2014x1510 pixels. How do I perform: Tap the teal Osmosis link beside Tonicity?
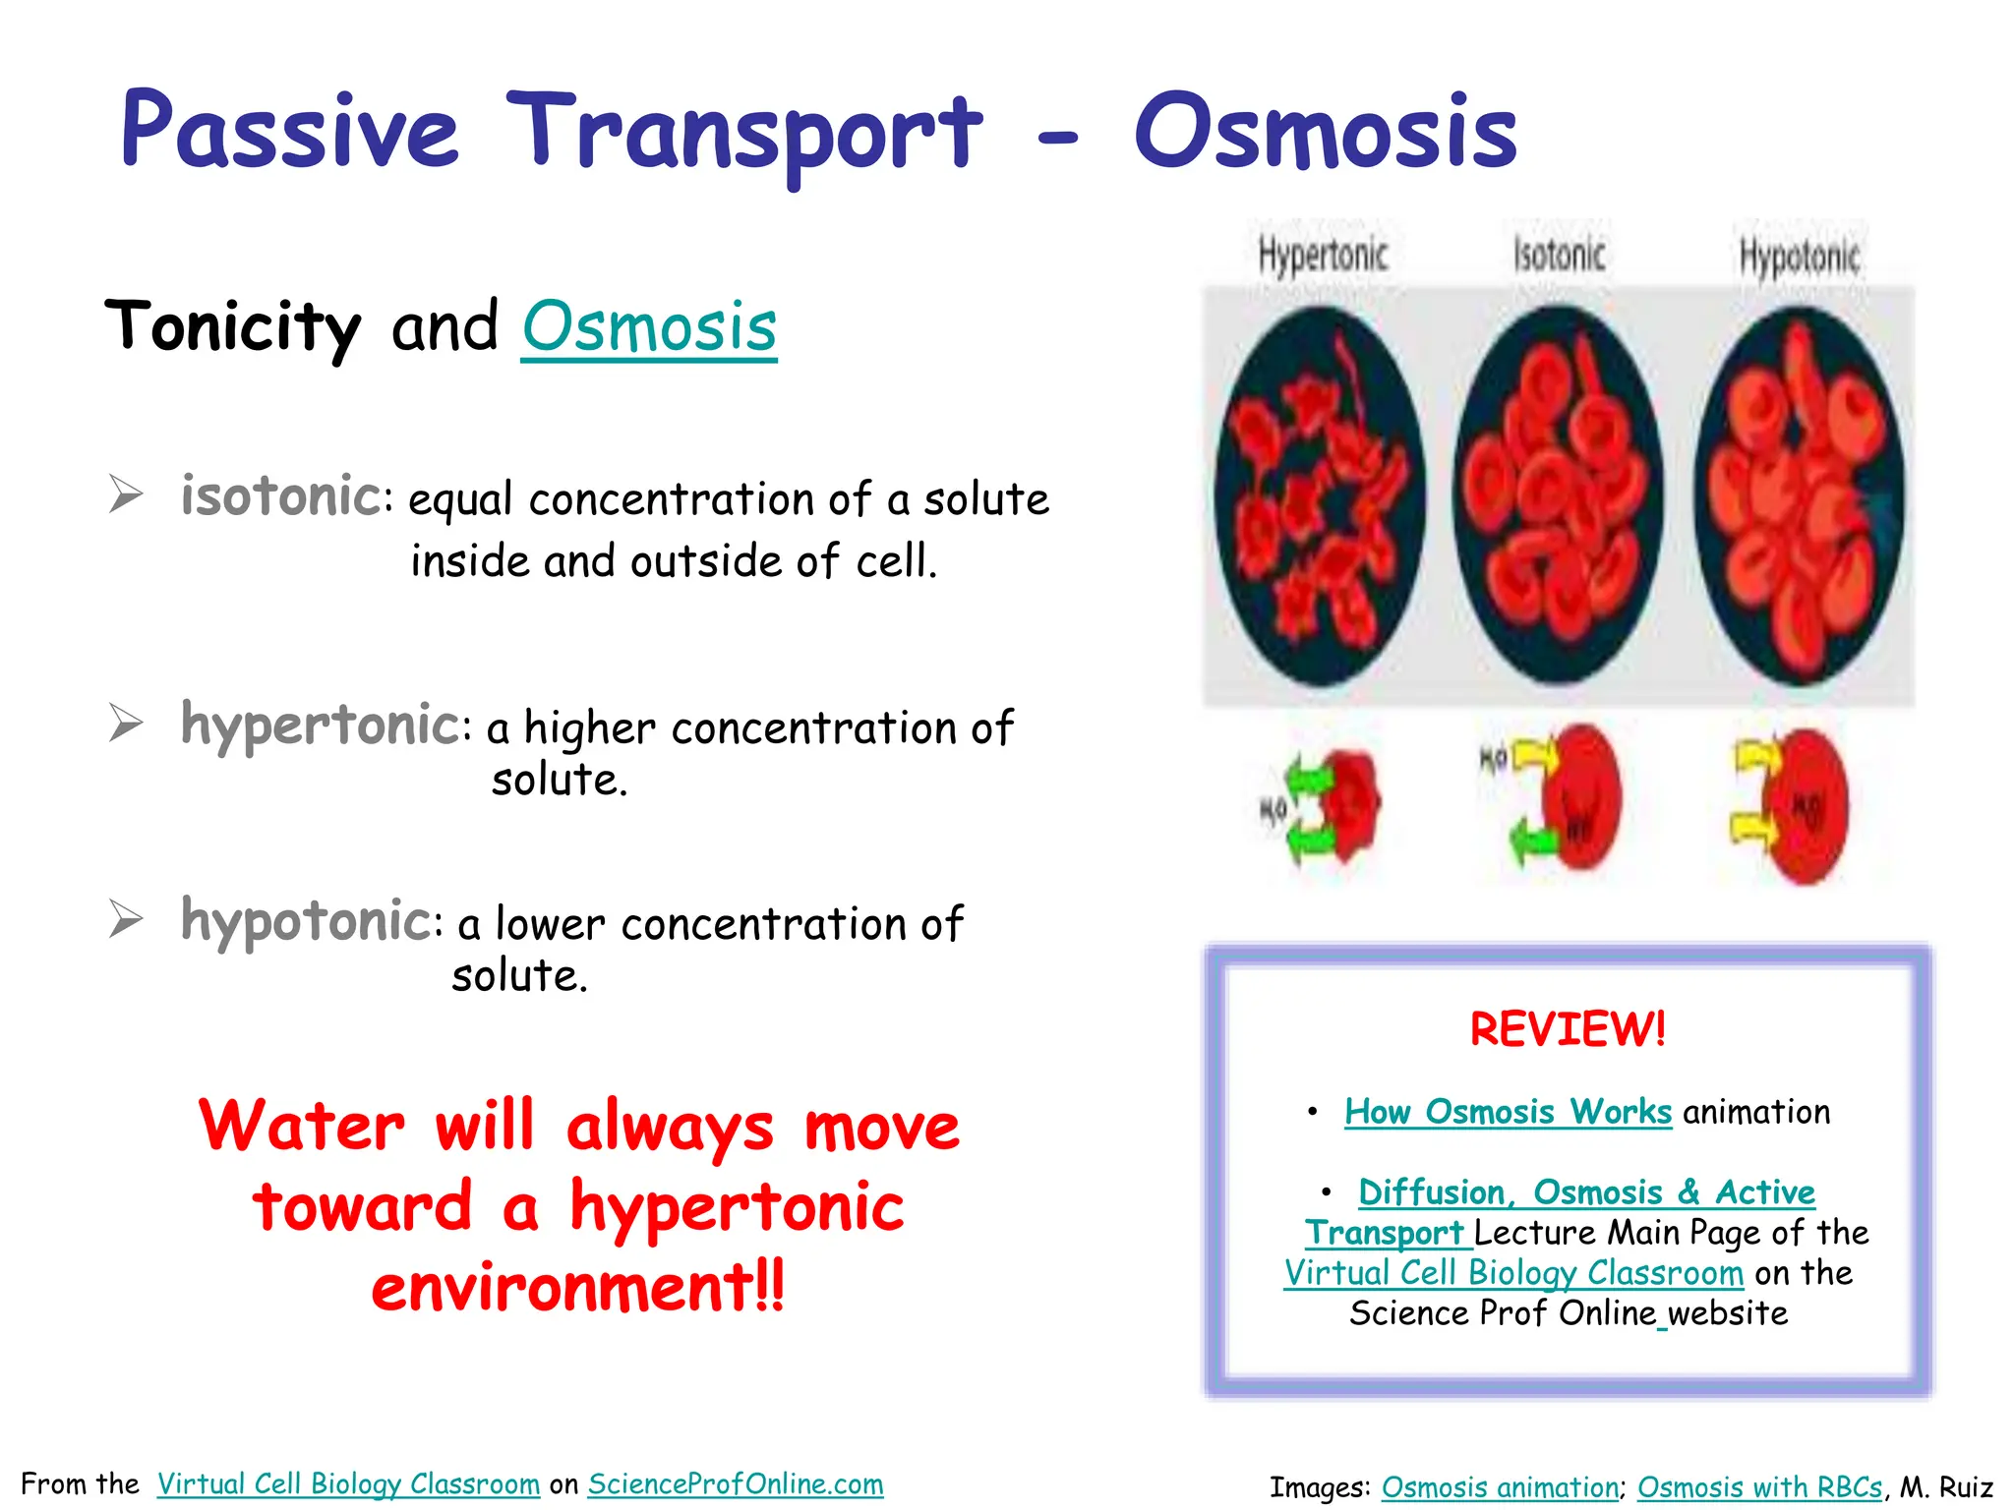coord(649,327)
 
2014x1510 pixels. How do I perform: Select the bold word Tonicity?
coord(233,327)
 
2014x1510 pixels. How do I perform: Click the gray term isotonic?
coord(280,495)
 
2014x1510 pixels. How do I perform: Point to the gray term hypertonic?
coord(320,726)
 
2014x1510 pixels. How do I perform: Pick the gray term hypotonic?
coord(305,921)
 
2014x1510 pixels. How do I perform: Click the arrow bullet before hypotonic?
coord(126,919)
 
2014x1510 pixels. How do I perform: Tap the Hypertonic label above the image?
coord(1323,256)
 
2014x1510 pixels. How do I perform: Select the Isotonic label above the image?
coord(1559,256)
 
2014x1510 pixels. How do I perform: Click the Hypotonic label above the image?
coord(1799,258)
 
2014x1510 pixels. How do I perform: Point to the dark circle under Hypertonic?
coord(1320,496)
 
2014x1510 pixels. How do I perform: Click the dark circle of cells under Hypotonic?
coord(1798,496)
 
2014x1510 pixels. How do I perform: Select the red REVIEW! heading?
coord(1568,1029)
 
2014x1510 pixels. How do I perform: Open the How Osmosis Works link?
coord(1508,1112)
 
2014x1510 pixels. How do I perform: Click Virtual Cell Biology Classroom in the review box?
coord(1513,1273)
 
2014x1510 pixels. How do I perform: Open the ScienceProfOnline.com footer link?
coord(736,1484)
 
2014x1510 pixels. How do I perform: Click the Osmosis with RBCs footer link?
coord(1759,1487)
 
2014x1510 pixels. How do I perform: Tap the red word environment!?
coord(578,1288)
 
